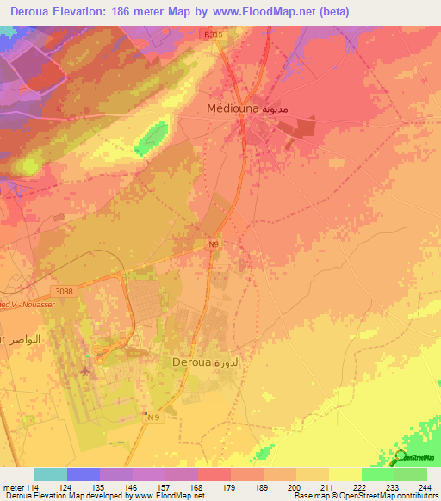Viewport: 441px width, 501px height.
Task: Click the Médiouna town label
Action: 232,108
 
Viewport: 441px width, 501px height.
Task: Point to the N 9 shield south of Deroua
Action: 154,417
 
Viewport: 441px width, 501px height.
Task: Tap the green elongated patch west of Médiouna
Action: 152,136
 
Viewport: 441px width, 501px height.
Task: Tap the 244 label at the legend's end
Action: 426,488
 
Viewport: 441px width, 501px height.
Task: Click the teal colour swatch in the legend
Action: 51,474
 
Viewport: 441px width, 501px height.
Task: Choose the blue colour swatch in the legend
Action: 84,474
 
